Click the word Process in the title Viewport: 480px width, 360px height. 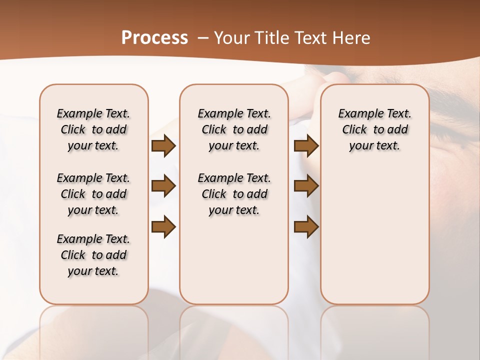click(154, 37)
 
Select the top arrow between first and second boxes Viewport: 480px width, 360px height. click(163, 145)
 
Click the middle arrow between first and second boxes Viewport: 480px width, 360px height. click(163, 186)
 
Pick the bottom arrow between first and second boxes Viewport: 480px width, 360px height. click(163, 227)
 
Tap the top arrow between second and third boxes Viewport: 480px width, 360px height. click(306, 145)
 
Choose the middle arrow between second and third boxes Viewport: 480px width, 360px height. click(306, 186)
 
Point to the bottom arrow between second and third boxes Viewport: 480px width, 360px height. click(306, 227)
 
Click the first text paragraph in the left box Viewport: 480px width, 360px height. click(93, 129)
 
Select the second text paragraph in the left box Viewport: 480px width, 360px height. click(93, 194)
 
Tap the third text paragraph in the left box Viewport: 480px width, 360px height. click(93, 255)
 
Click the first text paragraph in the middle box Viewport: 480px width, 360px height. click(234, 129)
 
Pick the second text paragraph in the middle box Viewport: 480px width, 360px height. click(234, 194)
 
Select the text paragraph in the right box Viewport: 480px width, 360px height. click(374, 129)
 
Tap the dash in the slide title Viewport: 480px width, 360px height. click(202, 38)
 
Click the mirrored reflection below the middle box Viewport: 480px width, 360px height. click(234, 330)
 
